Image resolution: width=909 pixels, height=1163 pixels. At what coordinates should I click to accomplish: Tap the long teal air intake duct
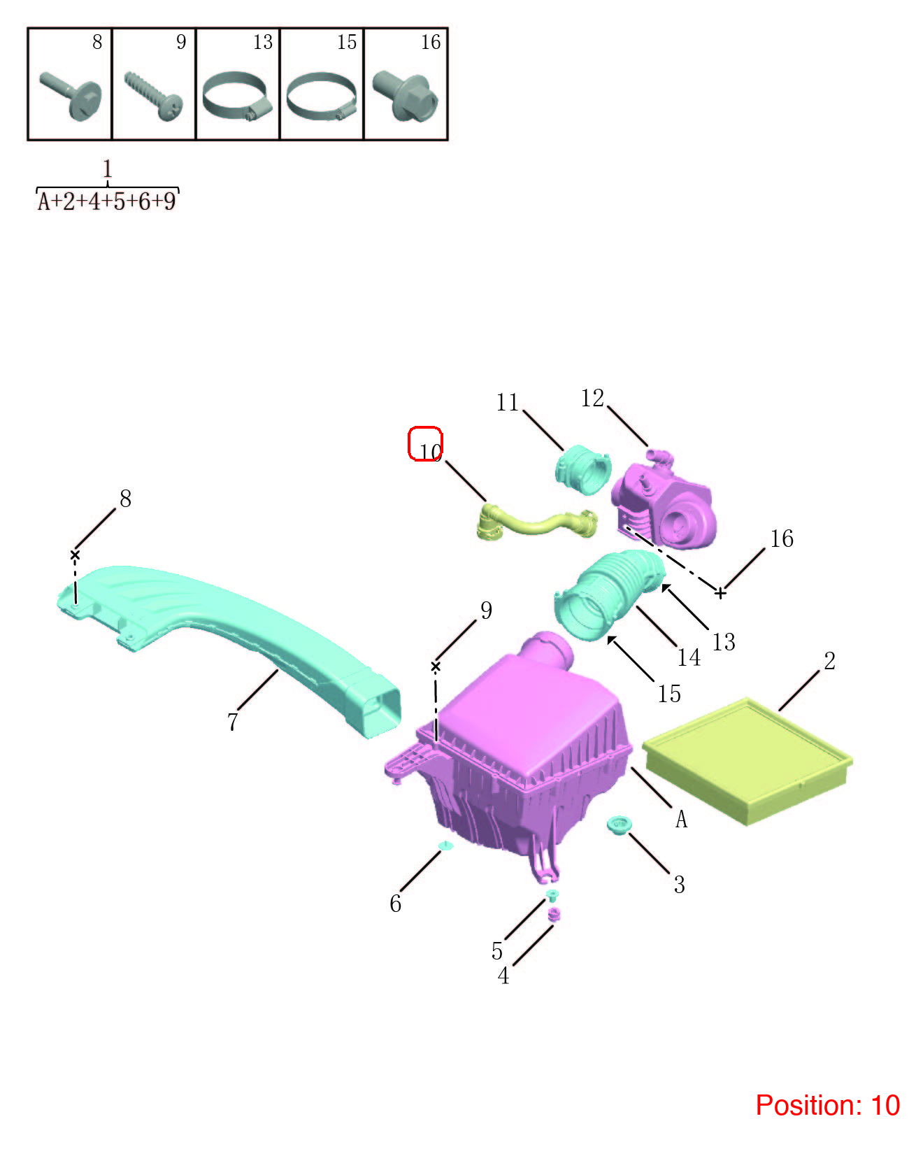point(230,642)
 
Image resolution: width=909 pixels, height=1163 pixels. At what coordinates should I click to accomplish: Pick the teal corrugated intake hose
point(609,594)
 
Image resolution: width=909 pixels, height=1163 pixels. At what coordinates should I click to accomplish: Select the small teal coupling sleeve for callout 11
point(583,470)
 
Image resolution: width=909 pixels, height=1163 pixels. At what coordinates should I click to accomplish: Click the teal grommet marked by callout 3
point(619,824)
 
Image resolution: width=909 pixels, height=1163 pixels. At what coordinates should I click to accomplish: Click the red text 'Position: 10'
point(827,1105)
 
